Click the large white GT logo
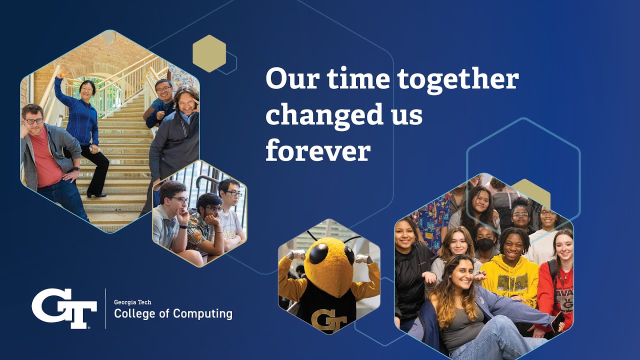click(x=64, y=308)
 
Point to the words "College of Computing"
click(x=173, y=314)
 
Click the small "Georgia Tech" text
click(x=132, y=302)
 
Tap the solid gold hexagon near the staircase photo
click(x=209, y=53)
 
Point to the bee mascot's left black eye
click(x=318, y=253)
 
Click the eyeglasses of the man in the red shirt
click(x=34, y=120)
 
